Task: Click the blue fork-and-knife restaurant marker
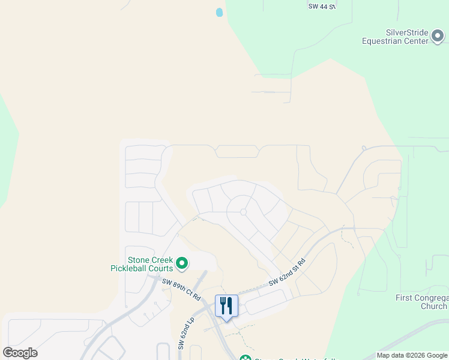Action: pos(226,306)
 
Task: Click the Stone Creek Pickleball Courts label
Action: pos(142,265)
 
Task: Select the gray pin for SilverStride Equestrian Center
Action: pos(438,37)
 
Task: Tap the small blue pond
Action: pos(219,12)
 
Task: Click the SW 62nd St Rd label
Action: pos(288,272)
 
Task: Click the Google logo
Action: pos(20,353)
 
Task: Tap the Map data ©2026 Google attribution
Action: pos(412,355)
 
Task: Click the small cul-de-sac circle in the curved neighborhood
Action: pos(243,212)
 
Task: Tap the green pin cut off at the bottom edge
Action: pos(245,358)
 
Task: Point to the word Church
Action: pos(433,306)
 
